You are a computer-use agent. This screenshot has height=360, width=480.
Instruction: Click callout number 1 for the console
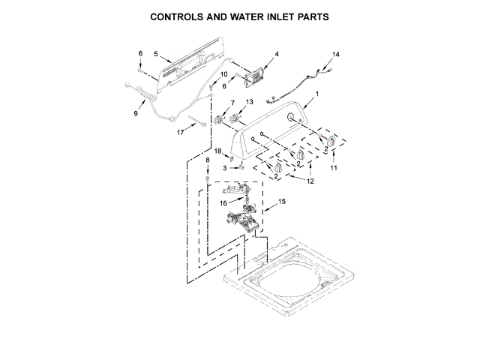pos(317,94)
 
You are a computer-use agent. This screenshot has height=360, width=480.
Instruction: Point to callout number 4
pos(276,54)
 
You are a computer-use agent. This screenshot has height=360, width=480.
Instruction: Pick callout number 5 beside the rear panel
pos(155,54)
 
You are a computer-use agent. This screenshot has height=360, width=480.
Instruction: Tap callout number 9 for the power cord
pos(136,113)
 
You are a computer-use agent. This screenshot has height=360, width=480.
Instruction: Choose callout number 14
pos(336,54)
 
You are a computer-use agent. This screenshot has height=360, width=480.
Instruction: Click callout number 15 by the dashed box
pos(282,202)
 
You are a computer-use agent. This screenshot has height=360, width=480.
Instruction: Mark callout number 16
pos(223,202)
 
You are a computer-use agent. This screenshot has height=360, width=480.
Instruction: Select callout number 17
pos(180,132)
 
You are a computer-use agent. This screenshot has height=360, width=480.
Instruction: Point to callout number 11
pos(334,168)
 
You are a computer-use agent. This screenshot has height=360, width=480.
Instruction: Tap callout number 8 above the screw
pos(208,160)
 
